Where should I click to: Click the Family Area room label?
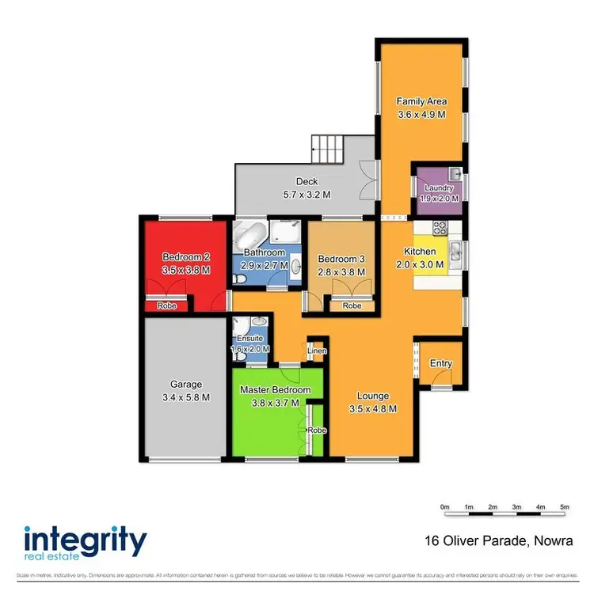click(x=421, y=101)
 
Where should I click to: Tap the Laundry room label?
click(x=438, y=188)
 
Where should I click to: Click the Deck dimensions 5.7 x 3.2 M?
click(x=307, y=194)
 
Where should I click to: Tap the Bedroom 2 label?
click(x=185, y=257)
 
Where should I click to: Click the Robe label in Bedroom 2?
click(x=166, y=305)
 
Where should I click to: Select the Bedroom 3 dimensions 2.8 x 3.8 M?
click(x=341, y=271)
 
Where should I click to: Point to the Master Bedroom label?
click(x=276, y=391)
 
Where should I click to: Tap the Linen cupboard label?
click(x=317, y=350)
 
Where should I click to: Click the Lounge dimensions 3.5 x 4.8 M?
click(x=371, y=409)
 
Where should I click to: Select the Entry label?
click(x=440, y=363)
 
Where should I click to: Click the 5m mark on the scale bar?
click(x=565, y=506)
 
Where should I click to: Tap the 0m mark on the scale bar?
click(x=444, y=506)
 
